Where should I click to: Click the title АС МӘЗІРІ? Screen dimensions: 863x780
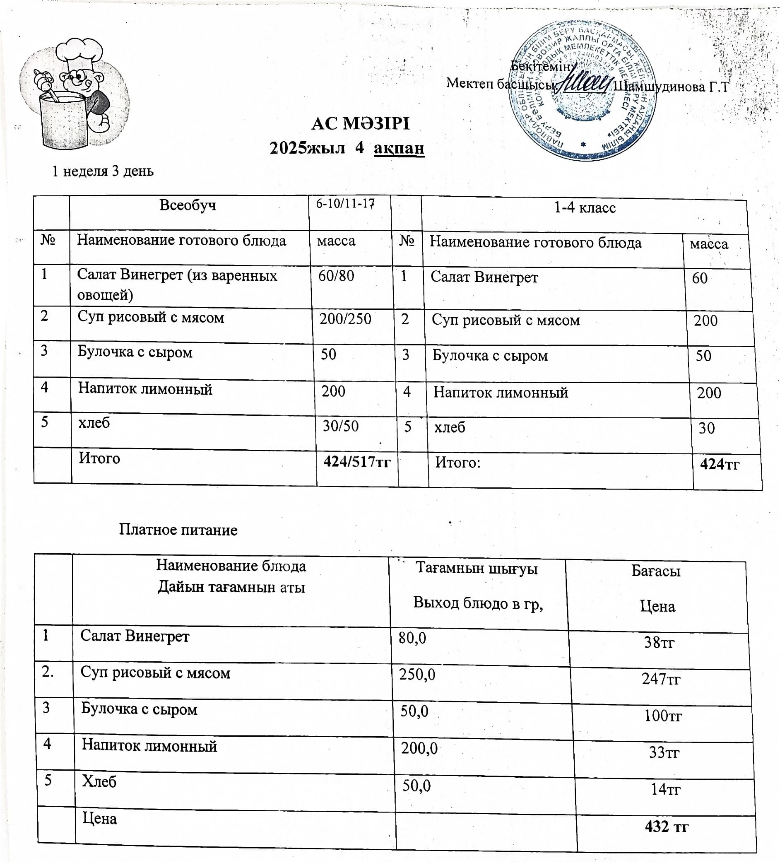point(360,124)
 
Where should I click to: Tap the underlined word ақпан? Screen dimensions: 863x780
point(399,148)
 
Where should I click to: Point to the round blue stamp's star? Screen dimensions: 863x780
point(583,144)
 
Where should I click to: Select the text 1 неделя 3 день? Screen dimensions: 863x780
point(103,171)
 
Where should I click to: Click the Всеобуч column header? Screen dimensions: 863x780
point(188,205)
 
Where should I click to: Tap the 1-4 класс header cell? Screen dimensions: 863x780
point(585,208)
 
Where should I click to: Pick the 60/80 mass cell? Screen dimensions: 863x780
point(336,276)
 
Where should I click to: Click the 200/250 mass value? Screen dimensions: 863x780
point(345,319)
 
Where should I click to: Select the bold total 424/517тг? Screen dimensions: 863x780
point(357,462)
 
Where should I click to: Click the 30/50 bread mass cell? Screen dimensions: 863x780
point(340,427)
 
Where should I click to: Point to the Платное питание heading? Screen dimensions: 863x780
point(178,530)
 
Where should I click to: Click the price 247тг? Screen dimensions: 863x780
point(661,678)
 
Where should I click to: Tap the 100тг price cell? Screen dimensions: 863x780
point(663,715)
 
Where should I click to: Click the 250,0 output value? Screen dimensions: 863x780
point(417,675)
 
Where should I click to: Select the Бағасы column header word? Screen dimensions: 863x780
point(655,571)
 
